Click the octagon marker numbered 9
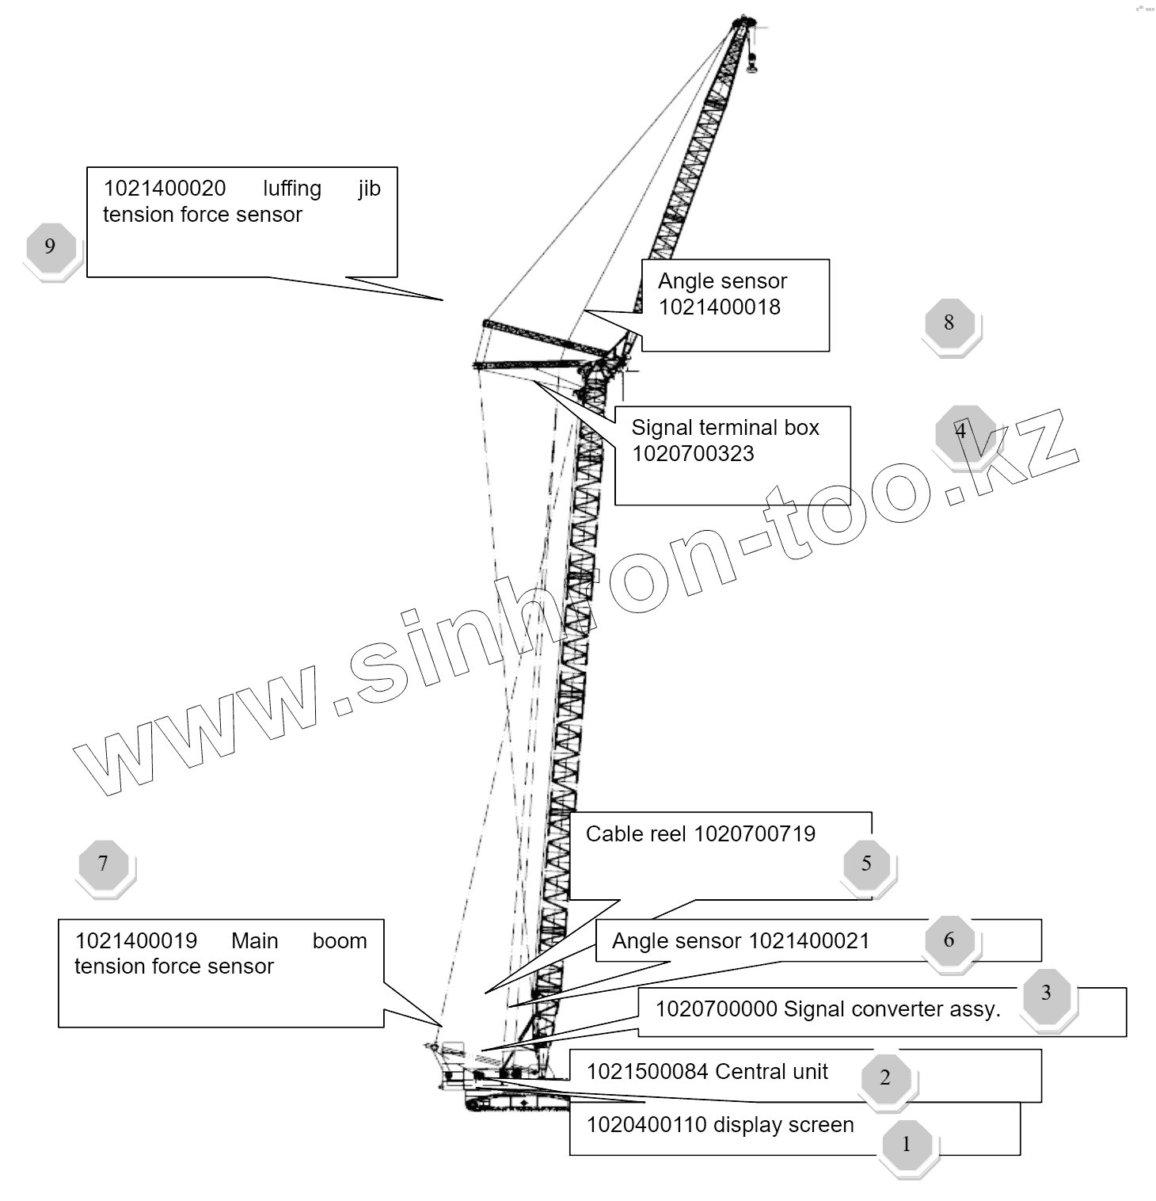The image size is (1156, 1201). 50,246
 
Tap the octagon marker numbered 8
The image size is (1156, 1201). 949,322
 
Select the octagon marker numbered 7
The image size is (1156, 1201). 103,863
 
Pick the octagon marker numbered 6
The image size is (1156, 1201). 949,940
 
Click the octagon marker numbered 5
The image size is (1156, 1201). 866,863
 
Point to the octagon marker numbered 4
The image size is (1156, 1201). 960,431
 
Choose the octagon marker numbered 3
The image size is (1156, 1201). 1046,993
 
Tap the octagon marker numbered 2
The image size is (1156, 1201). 885,1077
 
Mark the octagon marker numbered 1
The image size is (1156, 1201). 907,1144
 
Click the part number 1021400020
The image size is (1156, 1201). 165,189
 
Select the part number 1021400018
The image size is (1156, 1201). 719,307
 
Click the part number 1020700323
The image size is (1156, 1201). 693,454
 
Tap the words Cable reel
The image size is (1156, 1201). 636,833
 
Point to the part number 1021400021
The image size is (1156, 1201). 808,941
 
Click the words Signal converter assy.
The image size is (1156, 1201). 892,1009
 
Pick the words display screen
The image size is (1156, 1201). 784,1125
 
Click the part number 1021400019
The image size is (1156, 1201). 135,941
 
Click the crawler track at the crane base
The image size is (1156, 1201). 515,1103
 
